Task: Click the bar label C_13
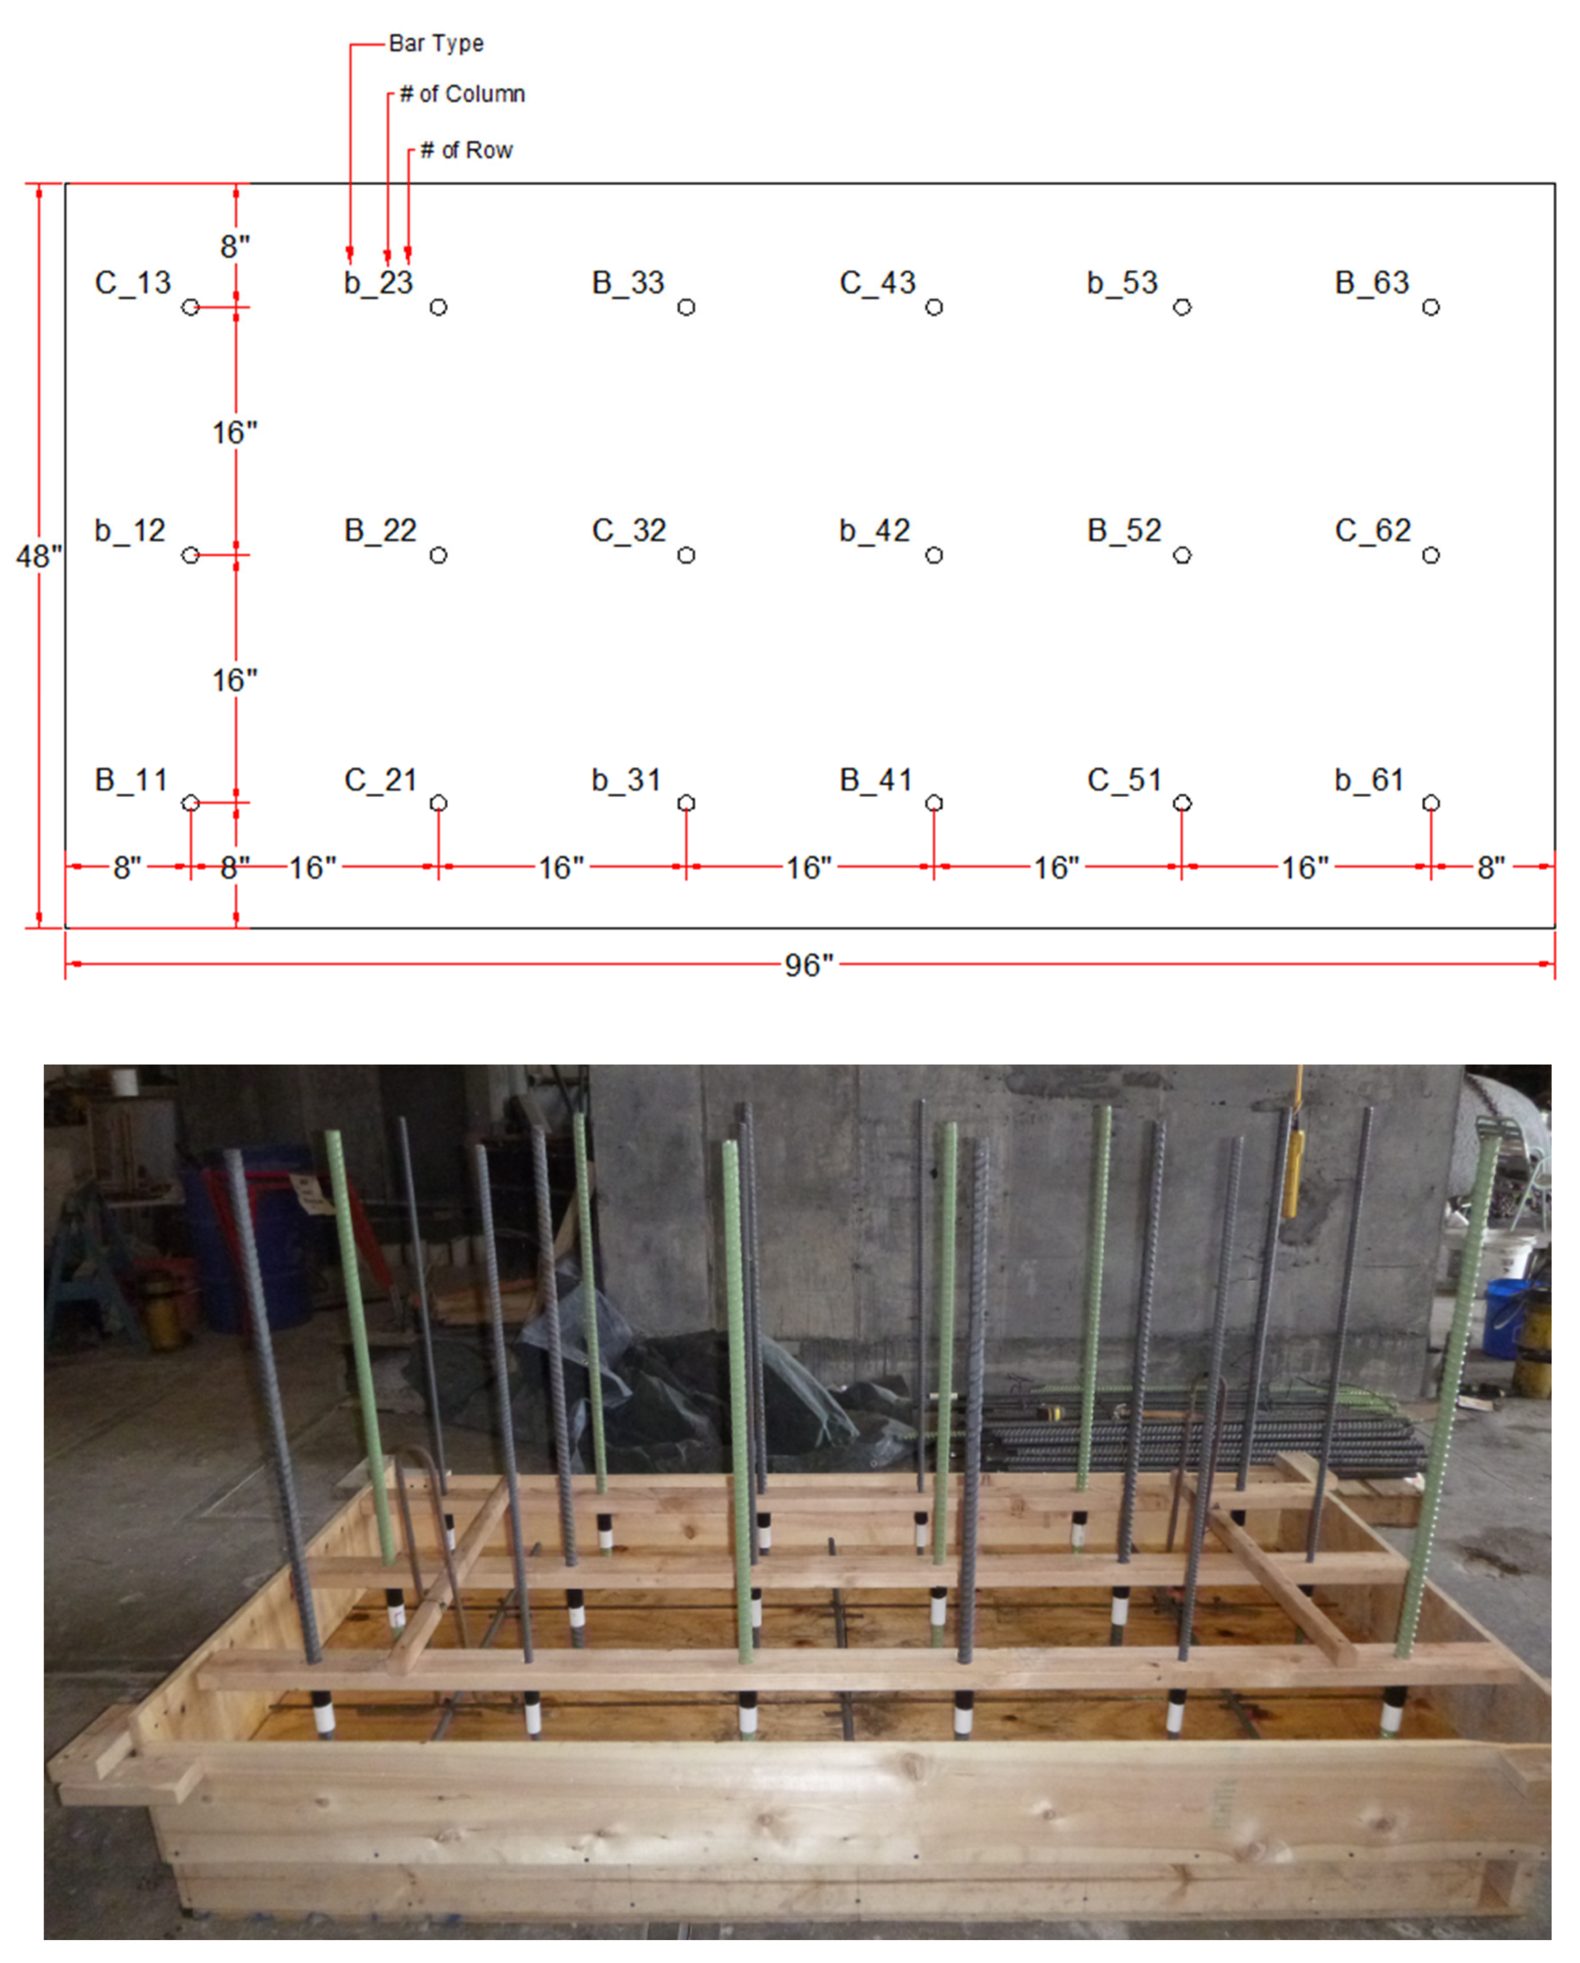tap(133, 283)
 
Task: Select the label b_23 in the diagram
tap(379, 283)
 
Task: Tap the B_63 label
tap(1371, 283)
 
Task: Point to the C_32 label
tap(629, 531)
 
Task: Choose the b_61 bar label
tap(1369, 780)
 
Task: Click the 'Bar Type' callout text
tap(436, 44)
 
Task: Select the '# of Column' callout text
tap(462, 95)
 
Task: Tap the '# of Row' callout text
tap(466, 150)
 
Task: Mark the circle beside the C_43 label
tap(934, 308)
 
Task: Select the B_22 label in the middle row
tap(380, 531)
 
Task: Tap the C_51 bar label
tap(1124, 780)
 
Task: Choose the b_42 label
tap(875, 531)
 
